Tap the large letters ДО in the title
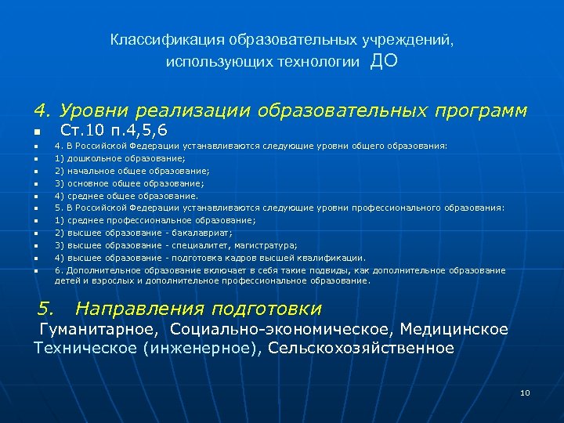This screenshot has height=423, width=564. (x=384, y=62)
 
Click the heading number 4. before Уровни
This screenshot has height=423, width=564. (x=42, y=110)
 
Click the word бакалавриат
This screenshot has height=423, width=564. (x=200, y=233)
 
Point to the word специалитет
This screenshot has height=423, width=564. (x=201, y=245)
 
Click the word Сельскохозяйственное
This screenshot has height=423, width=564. (x=360, y=348)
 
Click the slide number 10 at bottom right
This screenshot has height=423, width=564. (x=525, y=392)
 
